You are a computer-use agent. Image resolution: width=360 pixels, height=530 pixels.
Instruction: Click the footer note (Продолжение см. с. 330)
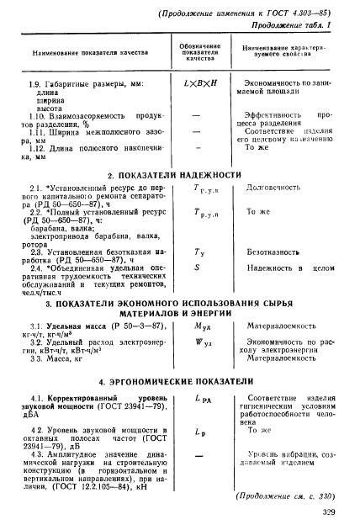tap(291, 495)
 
